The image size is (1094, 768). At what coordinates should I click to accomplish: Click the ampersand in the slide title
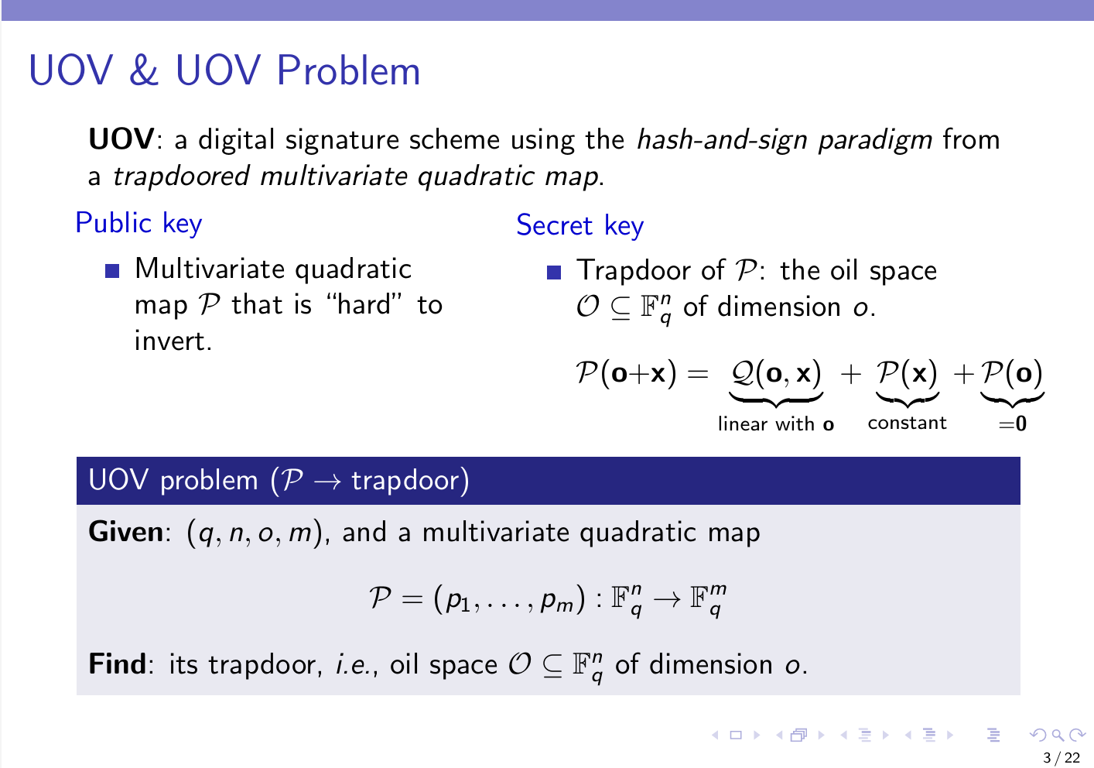click(x=144, y=70)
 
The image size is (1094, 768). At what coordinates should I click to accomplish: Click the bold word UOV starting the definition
click(x=121, y=139)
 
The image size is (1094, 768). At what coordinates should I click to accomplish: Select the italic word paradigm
click(x=875, y=141)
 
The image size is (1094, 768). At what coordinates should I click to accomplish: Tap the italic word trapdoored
click(x=181, y=177)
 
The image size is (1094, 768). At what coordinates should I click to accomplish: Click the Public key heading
click(x=138, y=224)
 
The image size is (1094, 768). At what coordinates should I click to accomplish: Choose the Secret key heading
click(x=579, y=226)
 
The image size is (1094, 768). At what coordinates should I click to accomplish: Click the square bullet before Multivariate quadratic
click(x=112, y=271)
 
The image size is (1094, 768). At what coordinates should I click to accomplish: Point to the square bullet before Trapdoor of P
click(x=554, y=273)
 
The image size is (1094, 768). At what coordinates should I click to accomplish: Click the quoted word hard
click(x=364, y=305)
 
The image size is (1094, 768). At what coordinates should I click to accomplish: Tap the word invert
click(x=173, y=341)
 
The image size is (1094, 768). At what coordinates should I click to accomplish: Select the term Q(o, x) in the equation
click(x=776, y=374)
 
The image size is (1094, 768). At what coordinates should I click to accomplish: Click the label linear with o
click(x=775, y=423)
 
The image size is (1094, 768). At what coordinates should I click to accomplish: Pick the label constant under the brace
click(x=907, y=423)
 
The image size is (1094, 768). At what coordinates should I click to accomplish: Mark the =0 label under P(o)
click(x=1013, y=423)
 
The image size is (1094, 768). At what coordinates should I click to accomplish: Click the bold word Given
click(x=126, y=532)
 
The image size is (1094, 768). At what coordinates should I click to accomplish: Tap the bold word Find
click(x=118, y=664)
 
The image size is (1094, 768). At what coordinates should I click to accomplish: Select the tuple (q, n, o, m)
click(x=255, y=533)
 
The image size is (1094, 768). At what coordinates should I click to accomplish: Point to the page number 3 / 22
click(x=1062, y=758)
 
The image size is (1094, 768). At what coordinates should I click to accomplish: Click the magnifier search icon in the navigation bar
click(x=1058, y=735)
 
